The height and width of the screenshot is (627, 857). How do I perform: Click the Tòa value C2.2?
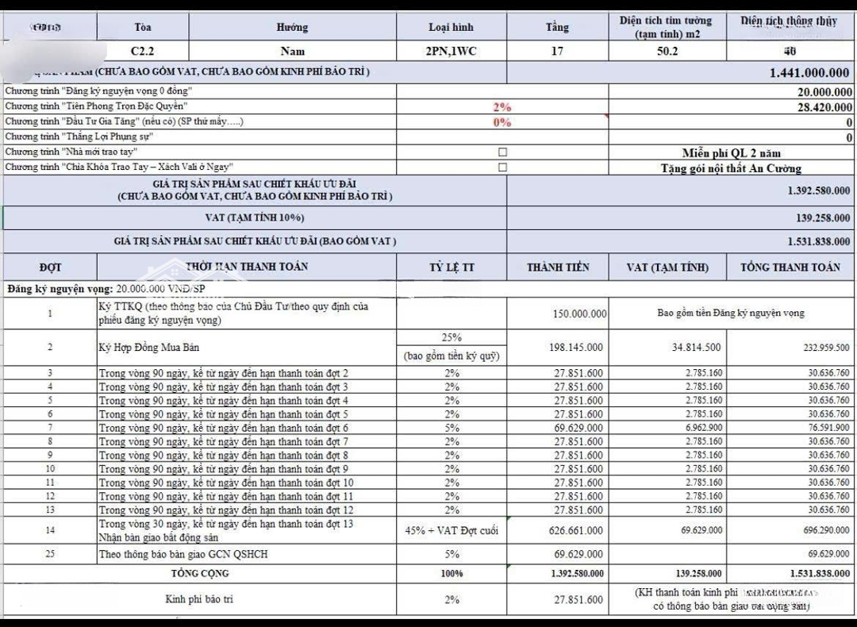[143, 51]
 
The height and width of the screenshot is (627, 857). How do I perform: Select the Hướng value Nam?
[292, 51]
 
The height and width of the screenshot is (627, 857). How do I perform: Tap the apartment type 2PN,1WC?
[451, 51]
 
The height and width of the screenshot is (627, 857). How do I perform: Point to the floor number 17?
[557, 51]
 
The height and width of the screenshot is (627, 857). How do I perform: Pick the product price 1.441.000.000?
[809, 72]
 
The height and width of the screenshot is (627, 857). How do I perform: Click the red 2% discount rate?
[502, 107]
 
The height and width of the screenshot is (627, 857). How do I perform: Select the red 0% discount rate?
[502, 122]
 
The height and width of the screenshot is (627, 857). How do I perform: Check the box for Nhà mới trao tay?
[502, 152]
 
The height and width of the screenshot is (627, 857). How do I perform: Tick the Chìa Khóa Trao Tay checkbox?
[502, 167]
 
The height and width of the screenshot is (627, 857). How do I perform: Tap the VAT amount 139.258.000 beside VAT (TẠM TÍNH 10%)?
[818, 217]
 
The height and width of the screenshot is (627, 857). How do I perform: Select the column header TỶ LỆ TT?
[451, 267]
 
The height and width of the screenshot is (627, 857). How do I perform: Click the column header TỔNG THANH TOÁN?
[790, 267]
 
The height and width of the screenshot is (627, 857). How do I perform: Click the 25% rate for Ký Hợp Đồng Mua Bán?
[452, 337]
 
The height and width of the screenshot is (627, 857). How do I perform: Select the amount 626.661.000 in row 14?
[576, 530]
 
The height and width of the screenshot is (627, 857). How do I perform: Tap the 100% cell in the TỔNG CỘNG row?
[452, 573]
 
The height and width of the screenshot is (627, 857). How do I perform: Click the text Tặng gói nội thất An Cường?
[731, 168]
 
